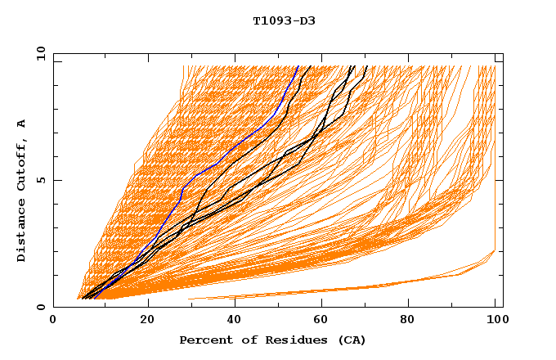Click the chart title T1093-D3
[x=284, y=20]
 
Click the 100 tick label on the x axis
[x=495, y=321]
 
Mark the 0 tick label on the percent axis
[x=54, y=321]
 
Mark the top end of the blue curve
[x=298, y=66]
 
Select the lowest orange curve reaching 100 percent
[x=458, y=274]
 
